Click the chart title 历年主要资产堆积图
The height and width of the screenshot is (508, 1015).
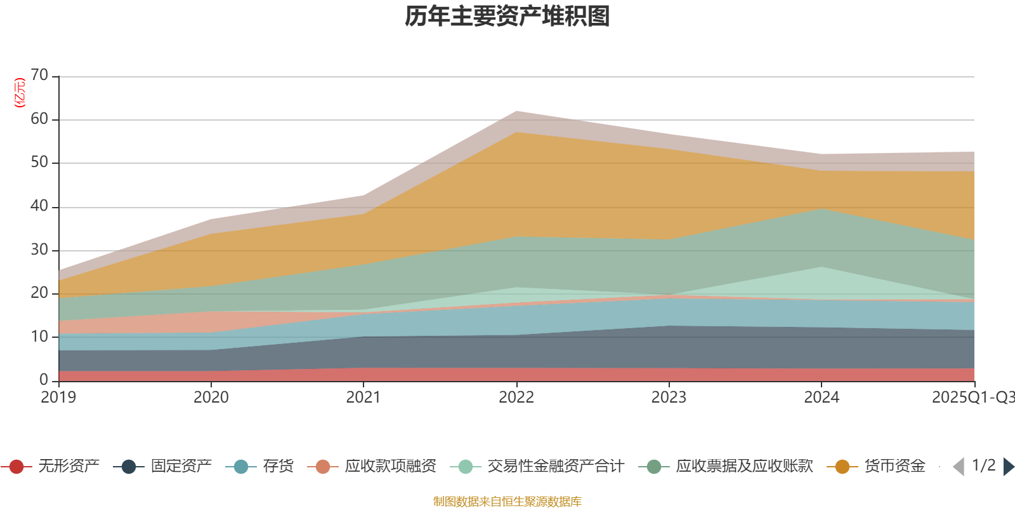pyautogui.click(x=507, y=17)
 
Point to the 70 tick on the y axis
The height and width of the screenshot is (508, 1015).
pyautogui.click(x=39, y=76)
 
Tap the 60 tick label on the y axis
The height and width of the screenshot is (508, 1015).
pyautogui.click(x=39, y=119)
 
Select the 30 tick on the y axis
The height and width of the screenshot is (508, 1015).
pyautogui.click(x=39, y=250)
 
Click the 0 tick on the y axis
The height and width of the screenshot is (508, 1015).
pyautogui.click(x=44, y=380)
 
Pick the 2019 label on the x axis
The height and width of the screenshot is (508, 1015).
pyautogui.click(x=58, y=398)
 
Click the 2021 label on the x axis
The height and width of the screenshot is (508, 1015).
pyautogui.click(x=363, y=398)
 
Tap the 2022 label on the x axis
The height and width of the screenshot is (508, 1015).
pyautogui.click(x=516, y=398)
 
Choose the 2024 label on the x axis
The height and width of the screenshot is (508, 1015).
pyautogui.click(x=822, y=398)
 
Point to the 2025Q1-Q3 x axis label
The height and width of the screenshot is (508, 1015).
pyautogui.click(x=972, y=398)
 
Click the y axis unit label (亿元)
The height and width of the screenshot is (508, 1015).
pyautogui.click(x=20, y=93)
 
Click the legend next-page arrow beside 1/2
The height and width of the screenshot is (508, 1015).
pyautogui.click(x=1008, y=467)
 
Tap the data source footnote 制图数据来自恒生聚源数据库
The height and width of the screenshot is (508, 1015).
pyautogui.click(x=507, y=502)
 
